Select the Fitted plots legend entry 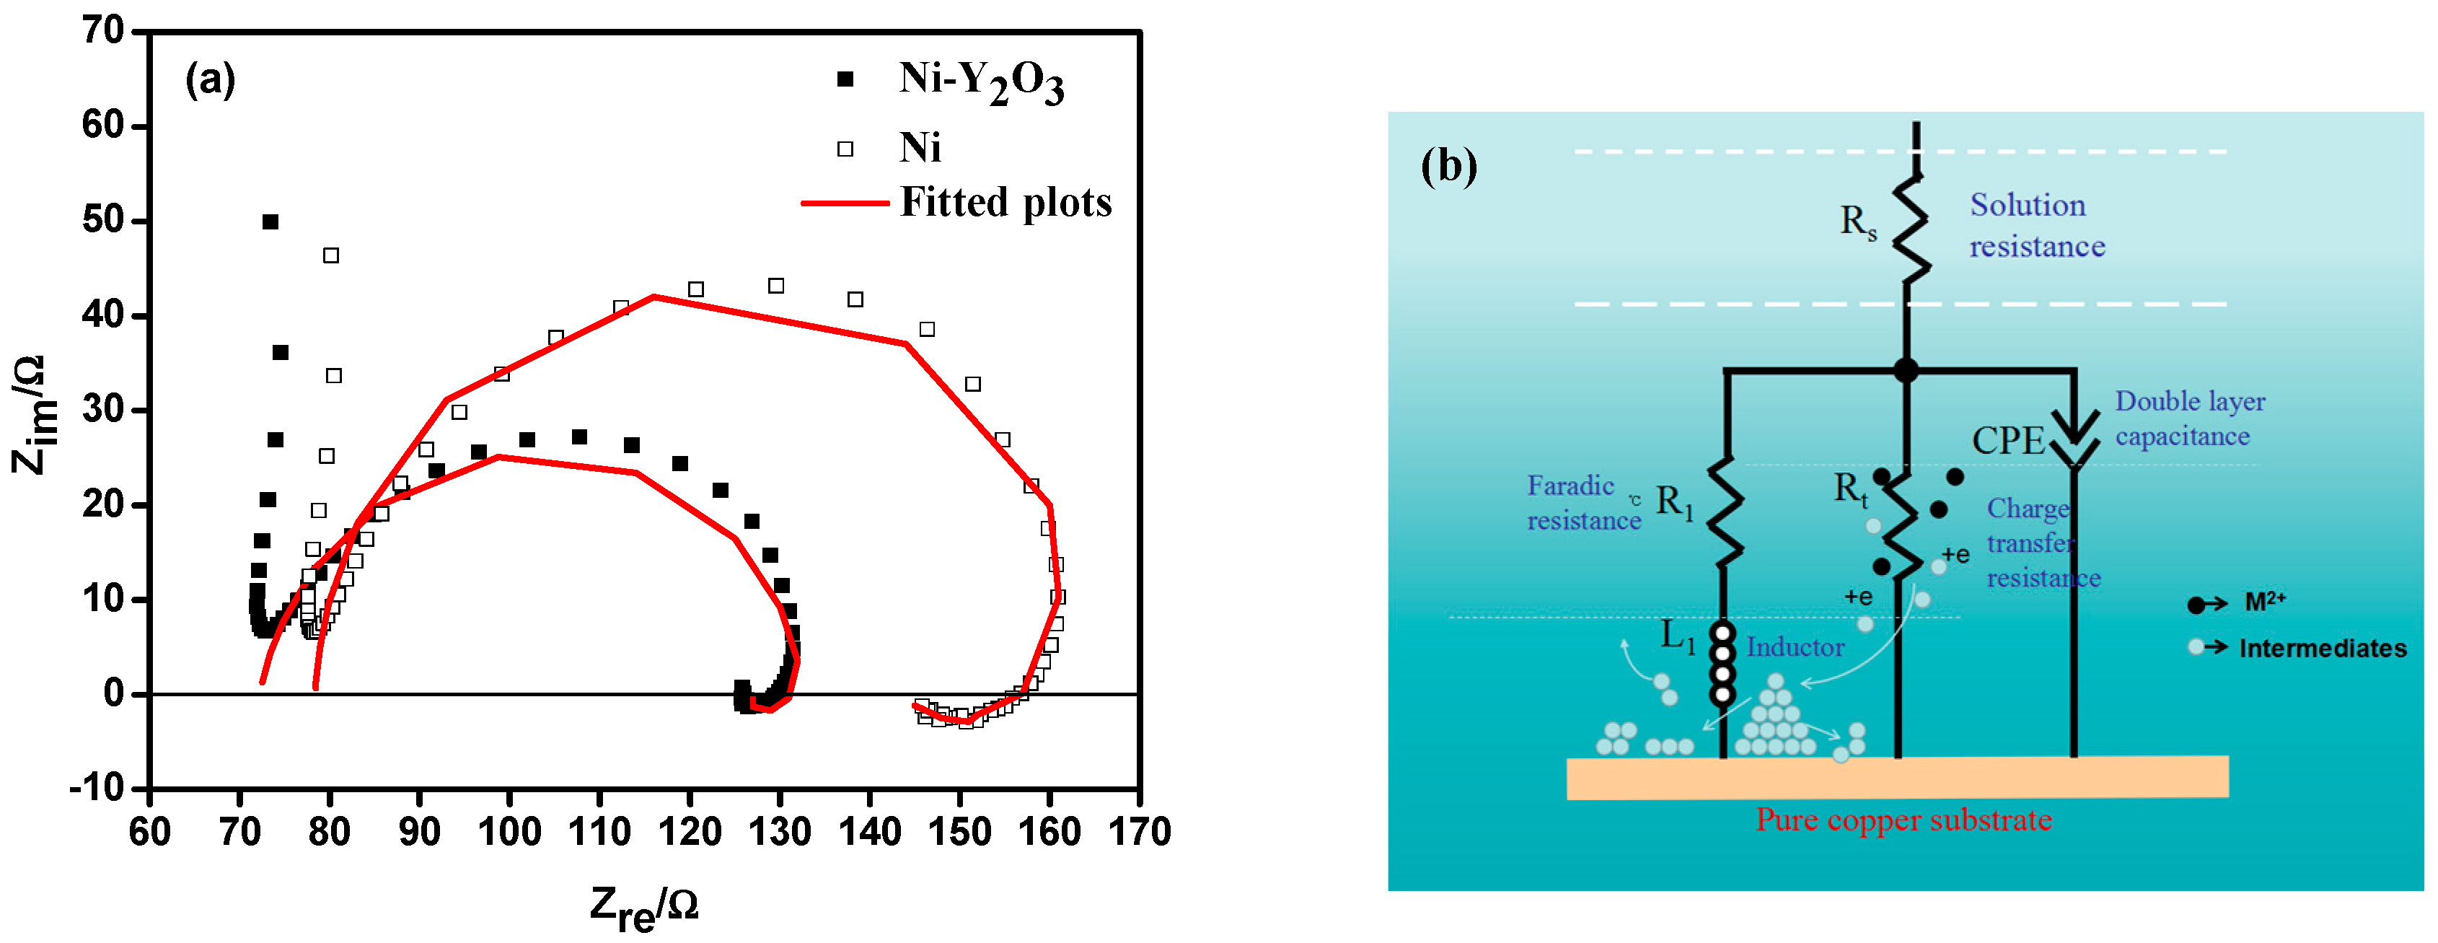point(1005,203)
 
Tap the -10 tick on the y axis point(97,788)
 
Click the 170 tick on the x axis point(1140,832)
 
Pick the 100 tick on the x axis point(509,832)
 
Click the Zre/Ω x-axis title point(643,907)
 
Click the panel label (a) point(210,79)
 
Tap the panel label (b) point(1448,167)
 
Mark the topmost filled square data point point(270,222)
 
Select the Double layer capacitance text point(2189,418)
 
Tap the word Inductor point(1795,648)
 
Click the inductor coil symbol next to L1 point(1722,663)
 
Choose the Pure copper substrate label point(1904,820)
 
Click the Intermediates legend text point(2322,649)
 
